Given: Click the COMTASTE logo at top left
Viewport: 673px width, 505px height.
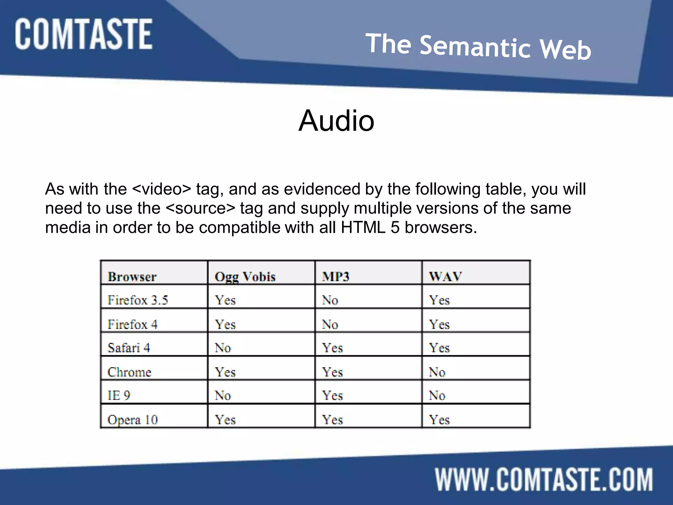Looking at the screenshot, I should pos(83,34).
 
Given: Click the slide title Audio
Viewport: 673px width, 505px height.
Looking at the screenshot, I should pos(336,121).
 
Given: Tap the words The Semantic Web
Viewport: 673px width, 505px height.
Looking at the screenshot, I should pos(478,47).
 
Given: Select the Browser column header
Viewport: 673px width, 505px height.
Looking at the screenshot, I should pos(132,277).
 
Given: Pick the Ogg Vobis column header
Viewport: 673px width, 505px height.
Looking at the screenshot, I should pos(245,277).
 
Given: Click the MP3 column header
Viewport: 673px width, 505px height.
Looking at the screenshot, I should pos(336,277).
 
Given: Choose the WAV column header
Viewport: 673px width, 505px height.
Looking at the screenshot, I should pos(445,277).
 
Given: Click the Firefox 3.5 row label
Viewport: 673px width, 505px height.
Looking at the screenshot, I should pos(138,300).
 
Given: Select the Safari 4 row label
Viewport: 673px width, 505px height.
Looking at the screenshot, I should pos(129,348).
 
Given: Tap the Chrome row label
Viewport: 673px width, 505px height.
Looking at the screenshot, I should pos(129,372).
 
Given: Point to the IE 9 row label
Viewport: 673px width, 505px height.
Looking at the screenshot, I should pos(119,395).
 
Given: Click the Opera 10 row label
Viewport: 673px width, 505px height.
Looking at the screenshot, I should pos(132,420).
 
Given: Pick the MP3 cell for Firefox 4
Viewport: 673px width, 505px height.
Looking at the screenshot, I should pos(330,325).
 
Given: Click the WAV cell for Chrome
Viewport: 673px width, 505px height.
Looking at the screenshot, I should pos(437,372).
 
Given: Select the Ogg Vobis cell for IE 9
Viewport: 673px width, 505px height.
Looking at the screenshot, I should pos(223,395).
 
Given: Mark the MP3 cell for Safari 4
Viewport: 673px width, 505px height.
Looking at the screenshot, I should pos(332,348).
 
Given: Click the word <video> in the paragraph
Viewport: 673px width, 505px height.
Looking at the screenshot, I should pos(161,189).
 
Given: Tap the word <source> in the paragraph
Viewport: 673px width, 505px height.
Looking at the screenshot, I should pos(201,208).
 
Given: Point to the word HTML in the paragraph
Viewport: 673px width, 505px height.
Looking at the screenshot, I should pos(363,227).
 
